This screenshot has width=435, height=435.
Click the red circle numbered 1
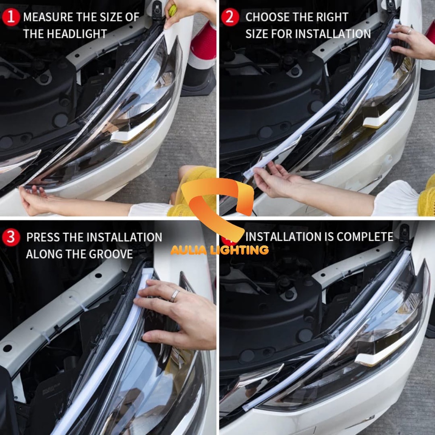pos(11,17)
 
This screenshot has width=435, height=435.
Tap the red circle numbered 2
pos(230,17)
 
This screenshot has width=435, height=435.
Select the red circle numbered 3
pos(11,237)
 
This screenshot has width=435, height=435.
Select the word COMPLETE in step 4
pos(365,237)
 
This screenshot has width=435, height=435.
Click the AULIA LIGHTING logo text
pos(220,250)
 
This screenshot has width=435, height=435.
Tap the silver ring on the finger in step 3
pos(175,296)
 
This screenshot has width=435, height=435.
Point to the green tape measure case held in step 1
pos(172,10)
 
